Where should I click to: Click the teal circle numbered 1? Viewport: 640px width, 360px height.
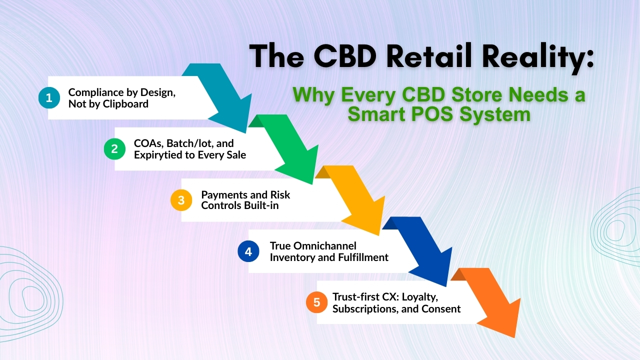tap(49, 98)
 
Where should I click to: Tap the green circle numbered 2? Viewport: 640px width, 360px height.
tap(114, 149)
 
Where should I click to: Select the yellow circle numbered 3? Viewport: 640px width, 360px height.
tap(181, 200)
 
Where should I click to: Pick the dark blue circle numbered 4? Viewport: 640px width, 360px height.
tap(248, 251)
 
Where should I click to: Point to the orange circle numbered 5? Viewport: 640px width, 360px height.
tap(316, 302)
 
